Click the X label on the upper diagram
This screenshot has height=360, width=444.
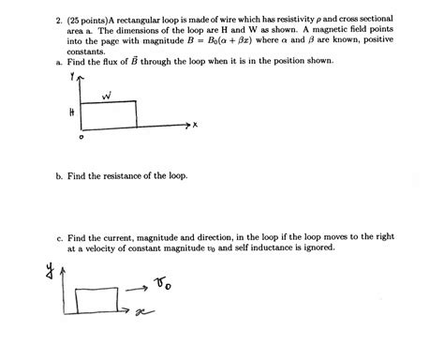[x=198, y=125]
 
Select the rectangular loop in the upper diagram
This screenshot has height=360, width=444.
[x=110, y=113]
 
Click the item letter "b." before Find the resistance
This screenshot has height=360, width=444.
[x=58, y=175]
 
